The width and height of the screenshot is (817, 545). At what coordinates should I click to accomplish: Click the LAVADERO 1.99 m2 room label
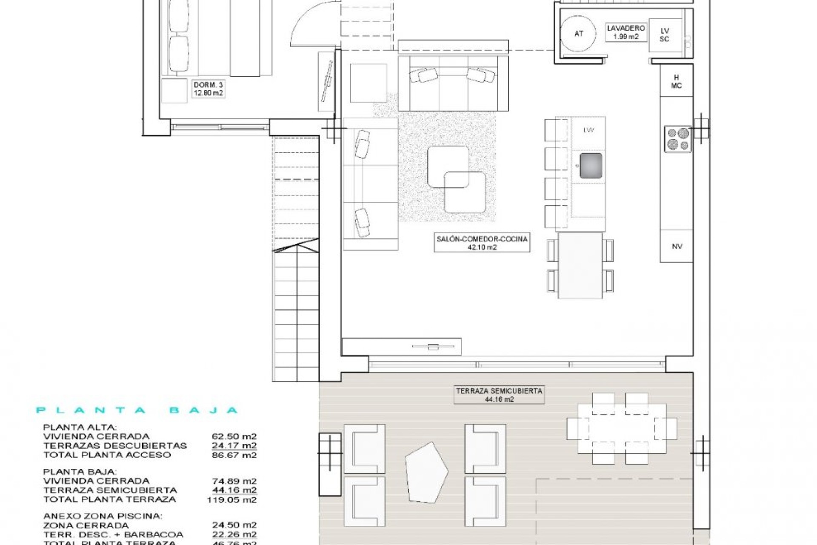pyautogui.click(x=626, y=32)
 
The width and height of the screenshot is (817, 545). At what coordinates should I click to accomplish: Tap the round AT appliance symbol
pyautogui.click(x=579, y=33)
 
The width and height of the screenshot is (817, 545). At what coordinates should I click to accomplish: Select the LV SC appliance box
pyautogui.click(x=665, y=35)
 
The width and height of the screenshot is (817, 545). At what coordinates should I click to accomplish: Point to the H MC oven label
pyautogui.click(x=676, y=81)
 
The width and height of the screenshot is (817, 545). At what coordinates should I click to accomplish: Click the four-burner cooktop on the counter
pyautogui.click(x=678, y=139)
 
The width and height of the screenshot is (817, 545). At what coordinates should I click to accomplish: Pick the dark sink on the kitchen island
pyautogui.click(x=591, y=165)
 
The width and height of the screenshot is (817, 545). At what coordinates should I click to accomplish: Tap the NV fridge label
pyautogui.click(x=677, y=246)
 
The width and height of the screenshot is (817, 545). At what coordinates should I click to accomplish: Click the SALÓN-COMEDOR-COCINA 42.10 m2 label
pyautogui.click(x=482, y=243)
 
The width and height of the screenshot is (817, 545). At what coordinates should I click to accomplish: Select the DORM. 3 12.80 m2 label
pyautogui.click(x=208, y=89)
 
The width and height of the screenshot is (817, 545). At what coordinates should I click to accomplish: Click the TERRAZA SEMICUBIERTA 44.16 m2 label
pyautogui.click(x=499, y=395)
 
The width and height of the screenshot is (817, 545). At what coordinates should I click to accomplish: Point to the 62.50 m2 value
pyautogui.click(x=234, y=436)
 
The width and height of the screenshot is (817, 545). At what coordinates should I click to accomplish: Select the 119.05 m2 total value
pyautogui.click(x=232, y=499)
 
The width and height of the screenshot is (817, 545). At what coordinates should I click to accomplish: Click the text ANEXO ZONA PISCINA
pyautogui.click(x=103, y=516)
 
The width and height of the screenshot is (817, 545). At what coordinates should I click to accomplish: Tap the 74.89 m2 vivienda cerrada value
pyautogui.click(x=234, y=481)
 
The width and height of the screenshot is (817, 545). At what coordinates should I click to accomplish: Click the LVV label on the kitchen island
pyautogui.click(x=588, y=130)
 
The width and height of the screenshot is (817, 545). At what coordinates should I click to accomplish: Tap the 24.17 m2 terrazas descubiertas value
pyautogui.click(x=234, y=446)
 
